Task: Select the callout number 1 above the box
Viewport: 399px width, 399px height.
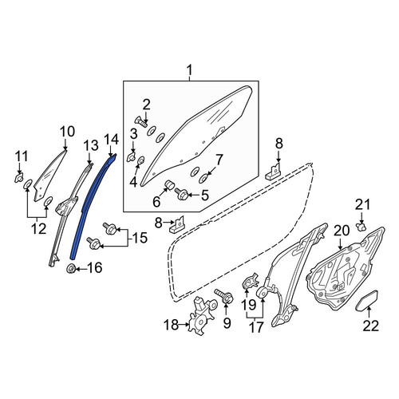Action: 189,70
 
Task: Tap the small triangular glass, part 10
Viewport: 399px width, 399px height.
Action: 49,176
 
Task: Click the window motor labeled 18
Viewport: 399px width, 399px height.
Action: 201,316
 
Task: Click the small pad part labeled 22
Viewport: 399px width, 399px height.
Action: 367,300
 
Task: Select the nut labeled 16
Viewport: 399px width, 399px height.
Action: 70,269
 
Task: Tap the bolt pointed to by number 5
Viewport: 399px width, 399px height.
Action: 182,194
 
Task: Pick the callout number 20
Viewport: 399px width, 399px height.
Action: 342,231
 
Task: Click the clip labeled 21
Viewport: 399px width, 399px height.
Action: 361,227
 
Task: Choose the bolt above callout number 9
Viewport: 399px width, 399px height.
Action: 224,296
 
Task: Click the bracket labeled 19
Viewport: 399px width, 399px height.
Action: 251,282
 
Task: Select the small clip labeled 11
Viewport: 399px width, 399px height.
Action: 18,177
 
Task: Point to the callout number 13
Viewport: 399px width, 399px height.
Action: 91,146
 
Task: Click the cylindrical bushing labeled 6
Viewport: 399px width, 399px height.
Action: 168,184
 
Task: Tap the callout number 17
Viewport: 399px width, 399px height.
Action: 255,327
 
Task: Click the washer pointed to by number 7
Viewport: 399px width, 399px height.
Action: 203,179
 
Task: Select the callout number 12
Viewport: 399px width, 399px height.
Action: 39,228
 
